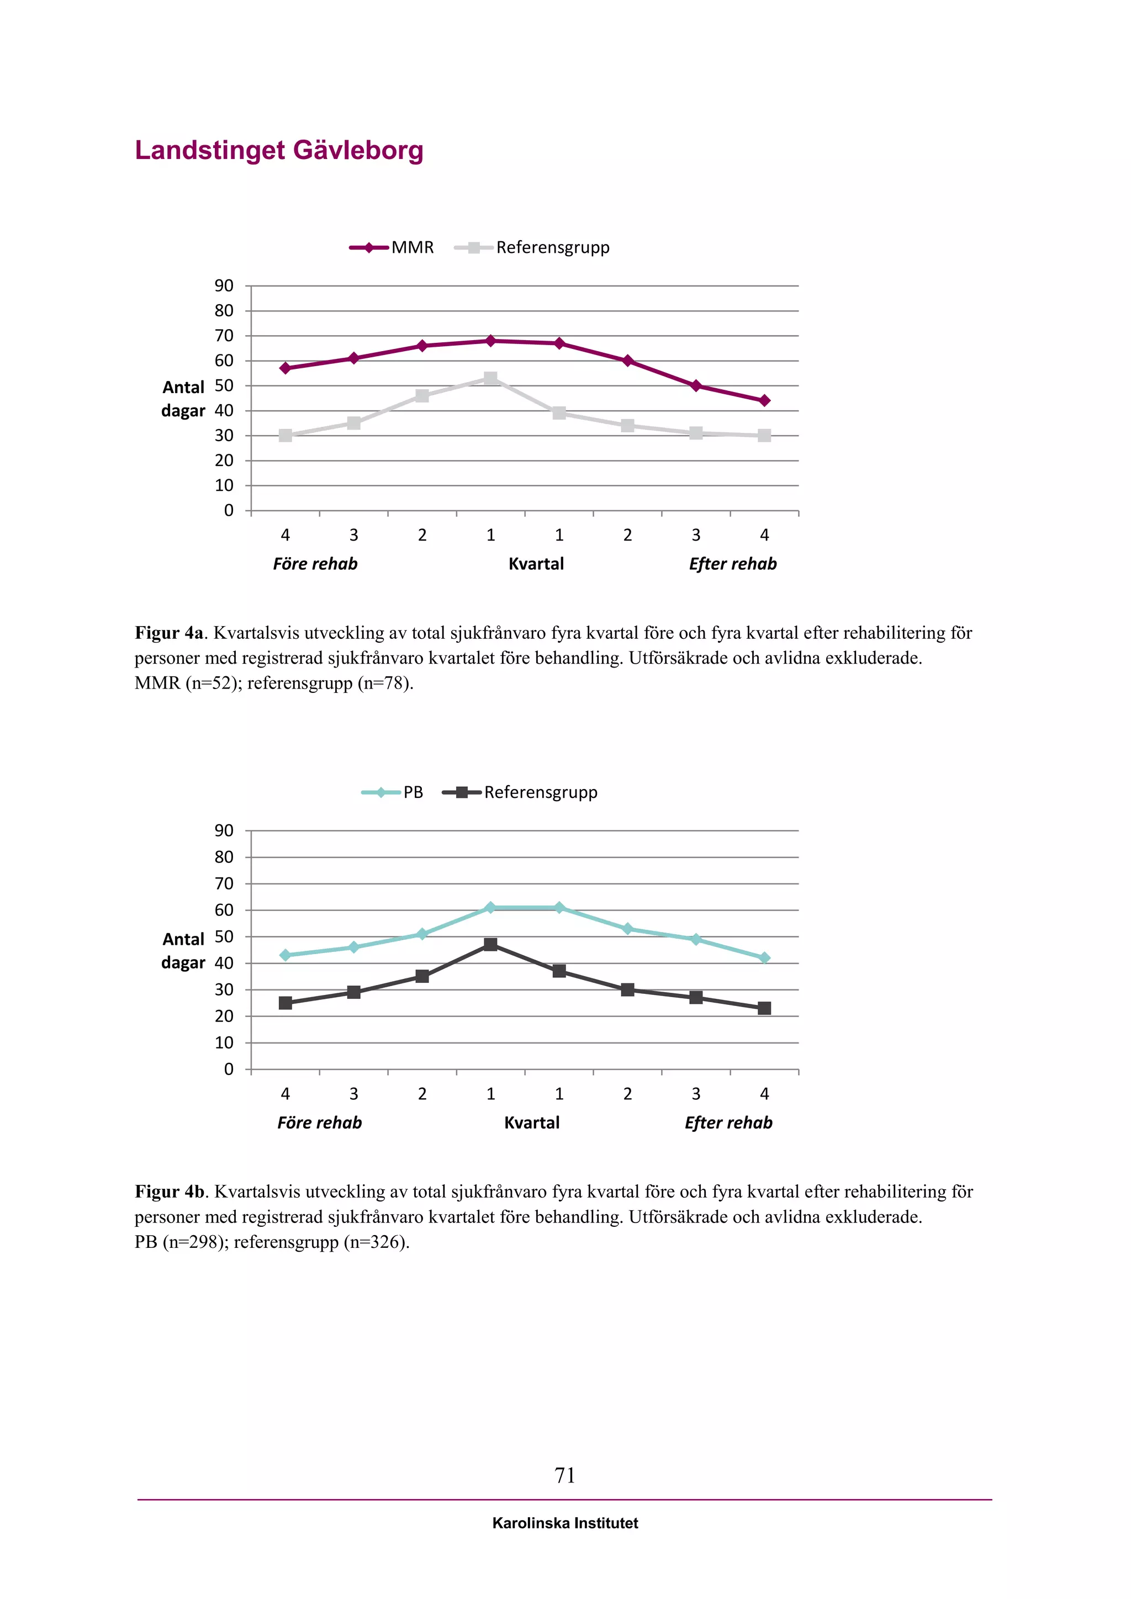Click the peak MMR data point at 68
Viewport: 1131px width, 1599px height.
point(490,341)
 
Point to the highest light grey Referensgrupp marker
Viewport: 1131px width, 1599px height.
point(490,378)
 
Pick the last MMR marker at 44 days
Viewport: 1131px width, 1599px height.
point(764,400)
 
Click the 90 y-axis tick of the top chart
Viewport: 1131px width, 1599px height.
point(224,285)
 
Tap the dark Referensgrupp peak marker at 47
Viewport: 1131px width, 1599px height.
point(490,944)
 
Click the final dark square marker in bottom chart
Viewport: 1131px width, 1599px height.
point(764,1008)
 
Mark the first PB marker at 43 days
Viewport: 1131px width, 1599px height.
point(285,956)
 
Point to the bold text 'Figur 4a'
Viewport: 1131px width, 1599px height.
point(169,633)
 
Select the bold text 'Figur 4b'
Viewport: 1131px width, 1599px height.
point(169,1192)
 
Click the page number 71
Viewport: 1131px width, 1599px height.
point(565,1475)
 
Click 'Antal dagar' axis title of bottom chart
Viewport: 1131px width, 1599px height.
point(183,951)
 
